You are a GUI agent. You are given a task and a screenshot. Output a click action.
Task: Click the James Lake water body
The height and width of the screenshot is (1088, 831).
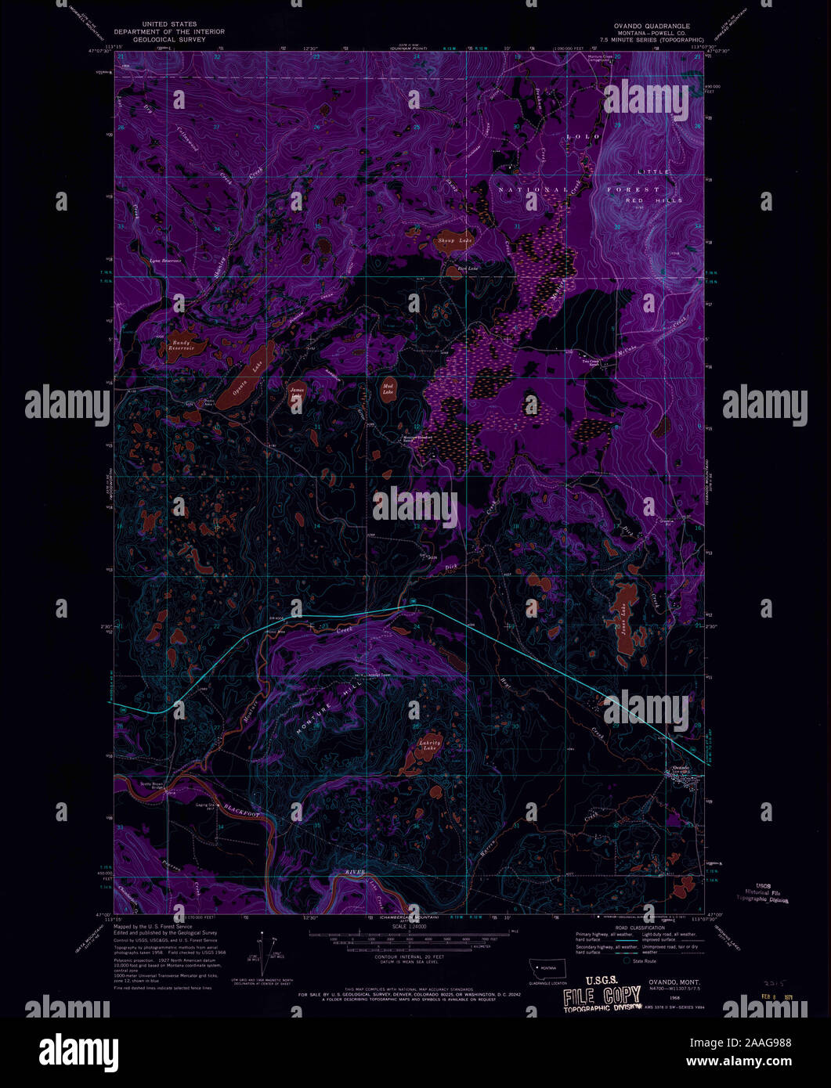pos(297,394)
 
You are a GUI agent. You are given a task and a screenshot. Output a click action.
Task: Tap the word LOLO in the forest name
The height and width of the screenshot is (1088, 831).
pos(582,136)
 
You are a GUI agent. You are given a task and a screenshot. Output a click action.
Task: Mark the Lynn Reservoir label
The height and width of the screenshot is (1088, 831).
pos(165,260)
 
